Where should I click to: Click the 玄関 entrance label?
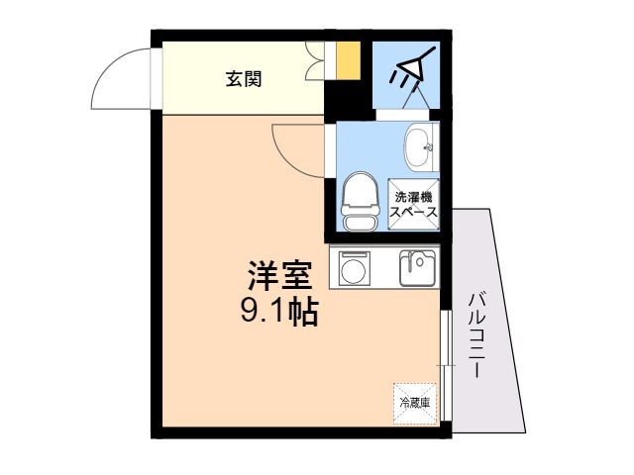244,79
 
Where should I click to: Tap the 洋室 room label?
279,275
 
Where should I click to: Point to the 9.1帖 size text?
279,312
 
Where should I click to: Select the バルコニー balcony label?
476,334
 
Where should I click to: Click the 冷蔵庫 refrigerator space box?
415,404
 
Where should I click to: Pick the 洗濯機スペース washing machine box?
414,205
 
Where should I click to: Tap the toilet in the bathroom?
361,202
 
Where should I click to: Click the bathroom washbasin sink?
420,147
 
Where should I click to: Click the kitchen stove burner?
354,268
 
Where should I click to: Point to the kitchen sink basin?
418,268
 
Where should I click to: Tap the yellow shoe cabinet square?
348,60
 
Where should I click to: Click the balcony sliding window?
445,366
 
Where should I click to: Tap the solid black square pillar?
349,100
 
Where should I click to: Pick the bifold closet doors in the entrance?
315,60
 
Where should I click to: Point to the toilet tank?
361,224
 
